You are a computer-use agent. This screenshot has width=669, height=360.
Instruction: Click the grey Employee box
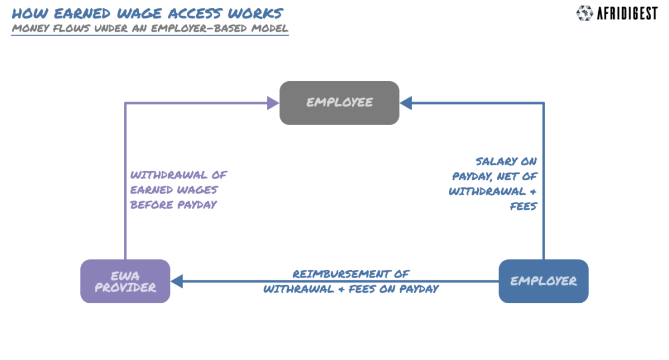click(x=339, y=103)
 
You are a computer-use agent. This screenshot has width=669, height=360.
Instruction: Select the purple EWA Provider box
click(x=125, y=281)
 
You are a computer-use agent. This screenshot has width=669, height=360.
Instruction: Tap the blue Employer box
click(x=543, y=281)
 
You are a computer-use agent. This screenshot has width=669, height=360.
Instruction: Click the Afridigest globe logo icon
click(x=585, y=13)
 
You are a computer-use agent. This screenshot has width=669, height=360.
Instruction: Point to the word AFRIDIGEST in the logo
click(x=628, y=13)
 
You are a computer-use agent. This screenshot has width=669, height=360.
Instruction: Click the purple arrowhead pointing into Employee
click(x=273, y=103)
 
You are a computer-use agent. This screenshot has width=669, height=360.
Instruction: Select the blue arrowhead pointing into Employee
click(x=406, y=103)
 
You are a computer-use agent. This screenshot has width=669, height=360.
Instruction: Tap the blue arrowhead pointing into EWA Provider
click(x=177, y=281)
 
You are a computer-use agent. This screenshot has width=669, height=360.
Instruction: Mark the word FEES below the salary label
click(x=523, y=206)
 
